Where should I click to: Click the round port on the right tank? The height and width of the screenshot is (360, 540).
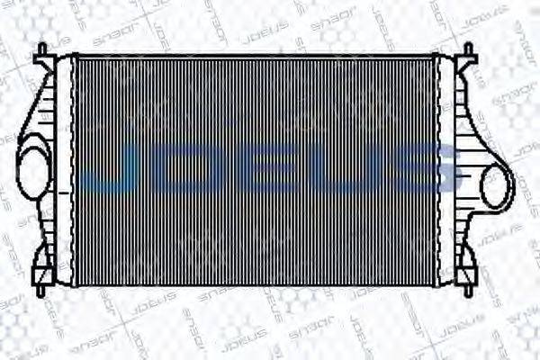(496, 186)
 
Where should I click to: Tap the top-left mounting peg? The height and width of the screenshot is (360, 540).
(41, 52)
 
